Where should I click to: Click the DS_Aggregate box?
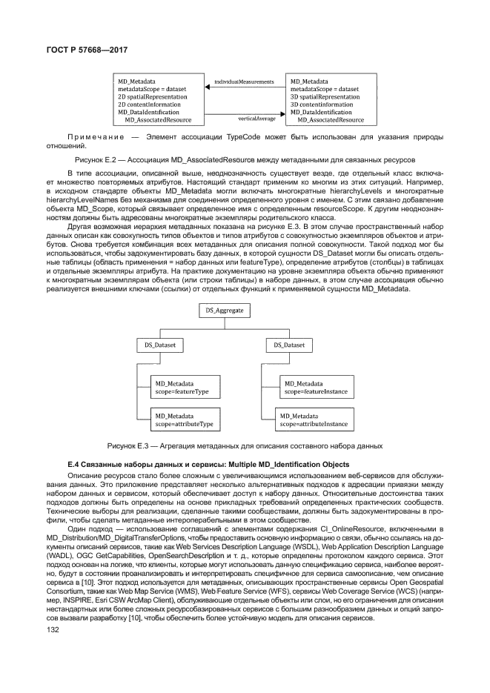pos(225,311)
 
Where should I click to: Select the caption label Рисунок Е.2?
pos(97,159)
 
